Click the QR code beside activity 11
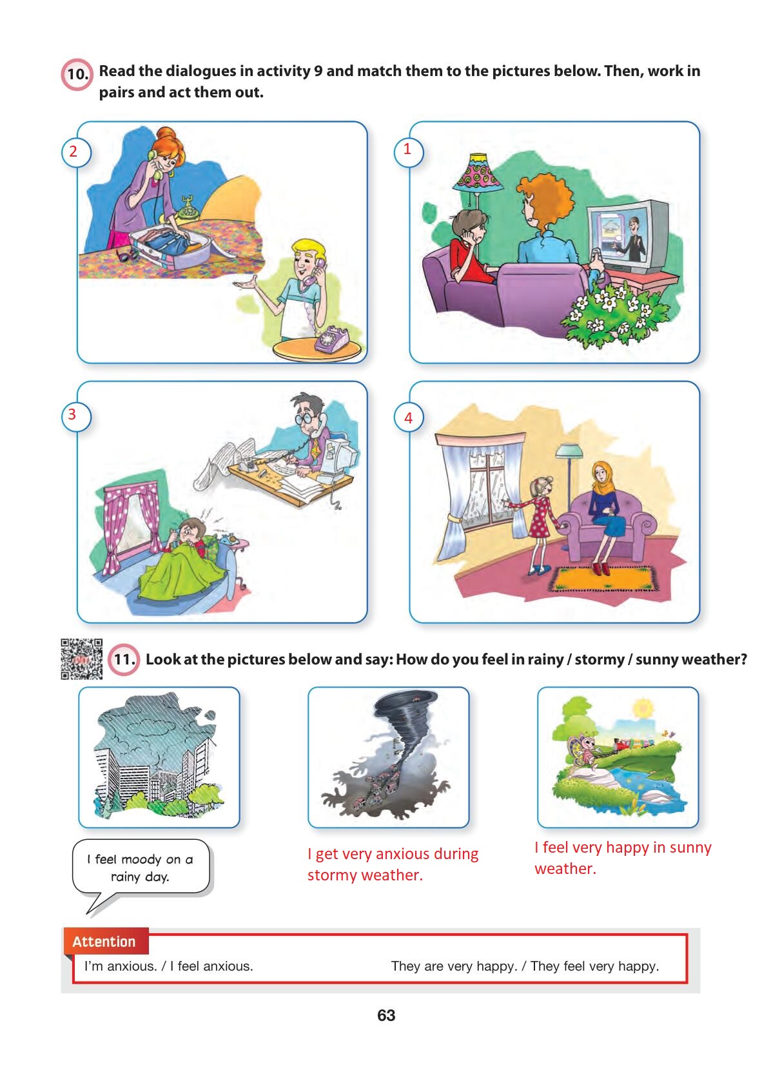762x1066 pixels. click(x=81, y=659)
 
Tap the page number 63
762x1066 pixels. click(x=386, y=1015)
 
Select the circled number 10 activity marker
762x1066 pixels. click(x=77, y=74)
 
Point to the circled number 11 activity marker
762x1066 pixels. click(x=124, y=659)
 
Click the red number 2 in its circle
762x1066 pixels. click(x=73, y=151)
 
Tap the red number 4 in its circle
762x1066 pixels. click(x=408, y=418)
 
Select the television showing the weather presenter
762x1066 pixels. click(x=627, y=236)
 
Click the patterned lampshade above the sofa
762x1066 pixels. click(x=478, y=173)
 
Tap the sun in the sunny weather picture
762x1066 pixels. click(x=643, y=707)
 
